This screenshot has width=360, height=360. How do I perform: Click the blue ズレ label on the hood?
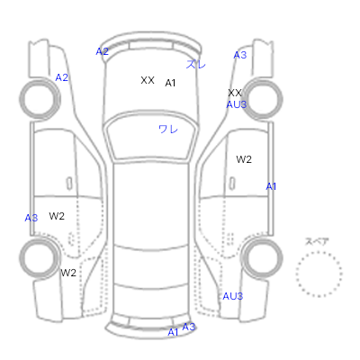click(196, 64)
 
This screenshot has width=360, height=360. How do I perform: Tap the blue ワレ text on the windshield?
click(168, 130)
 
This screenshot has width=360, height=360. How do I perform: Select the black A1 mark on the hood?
click(170, 83)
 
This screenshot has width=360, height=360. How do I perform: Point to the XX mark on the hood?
click(148, 80)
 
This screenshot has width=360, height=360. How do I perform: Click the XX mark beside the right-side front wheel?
click(235, 93)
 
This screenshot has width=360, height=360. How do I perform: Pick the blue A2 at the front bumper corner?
click(102, 51)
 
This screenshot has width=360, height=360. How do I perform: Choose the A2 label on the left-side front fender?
click(61, 77)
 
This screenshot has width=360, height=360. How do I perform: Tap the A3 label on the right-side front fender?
click(240, 55)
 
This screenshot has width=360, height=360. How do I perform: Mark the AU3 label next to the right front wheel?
click(237, 104)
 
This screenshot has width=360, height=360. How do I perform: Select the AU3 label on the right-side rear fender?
click(232, 296)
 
